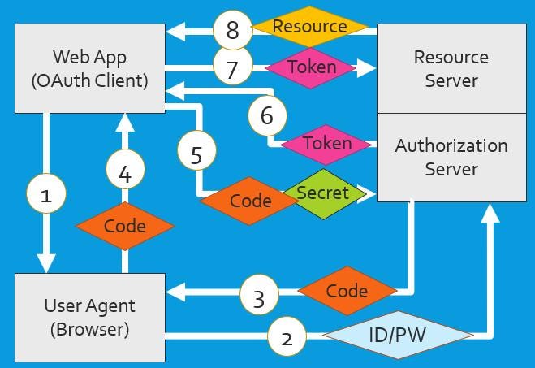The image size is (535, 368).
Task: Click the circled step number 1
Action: tap(46, 193)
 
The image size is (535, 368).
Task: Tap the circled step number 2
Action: tap(287, 336)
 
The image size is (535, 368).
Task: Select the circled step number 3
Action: tap(259, 295)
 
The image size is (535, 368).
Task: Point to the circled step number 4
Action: tap(125, 169)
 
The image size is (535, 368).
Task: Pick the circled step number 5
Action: tap(197, 150)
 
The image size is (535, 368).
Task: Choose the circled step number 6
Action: tap(267, 115)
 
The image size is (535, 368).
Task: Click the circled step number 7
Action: tap(233, 66)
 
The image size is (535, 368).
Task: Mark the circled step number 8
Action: tap(233, 30)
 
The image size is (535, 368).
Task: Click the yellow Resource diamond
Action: tap(310, 26)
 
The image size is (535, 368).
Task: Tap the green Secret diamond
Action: tap(324, 194)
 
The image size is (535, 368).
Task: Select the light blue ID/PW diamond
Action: tap(398, 335)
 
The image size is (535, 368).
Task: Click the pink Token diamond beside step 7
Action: tap(311, 67)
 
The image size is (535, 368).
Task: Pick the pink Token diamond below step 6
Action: tap(326, 145)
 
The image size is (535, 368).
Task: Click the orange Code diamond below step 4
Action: tap(125, 226)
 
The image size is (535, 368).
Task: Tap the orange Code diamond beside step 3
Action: tap(347, 291)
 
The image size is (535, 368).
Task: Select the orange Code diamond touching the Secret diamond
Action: tap(249, 201)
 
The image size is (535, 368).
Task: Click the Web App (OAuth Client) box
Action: tap(90, 68)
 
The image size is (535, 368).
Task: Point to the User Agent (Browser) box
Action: tap(90, 318)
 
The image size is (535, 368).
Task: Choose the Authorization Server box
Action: tap(451, 158)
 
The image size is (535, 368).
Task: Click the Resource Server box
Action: tap(451, 68)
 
